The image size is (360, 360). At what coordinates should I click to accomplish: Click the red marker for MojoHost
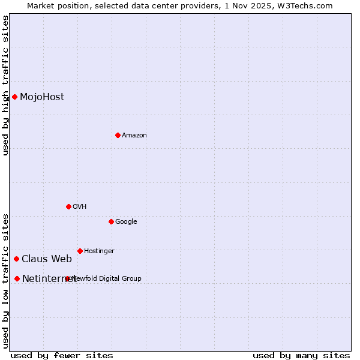tap(14, 97)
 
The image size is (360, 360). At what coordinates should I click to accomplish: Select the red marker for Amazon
tap(118, 135)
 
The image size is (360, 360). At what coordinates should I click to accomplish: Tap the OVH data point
tap(68, 206)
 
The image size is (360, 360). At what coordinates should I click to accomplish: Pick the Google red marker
tap(111, 221)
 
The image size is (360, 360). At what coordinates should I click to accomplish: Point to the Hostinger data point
tap(80, 251)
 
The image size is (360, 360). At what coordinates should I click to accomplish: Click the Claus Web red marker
tap(16, 259)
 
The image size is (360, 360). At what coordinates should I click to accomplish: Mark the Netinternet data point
tap(17, 278)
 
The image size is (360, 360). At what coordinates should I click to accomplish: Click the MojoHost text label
tap(42, 97)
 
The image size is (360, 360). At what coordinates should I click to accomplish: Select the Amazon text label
tap(134, 136)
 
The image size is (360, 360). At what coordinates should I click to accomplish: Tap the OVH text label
tap(80, 207)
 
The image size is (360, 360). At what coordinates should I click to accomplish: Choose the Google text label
tap(126, 222)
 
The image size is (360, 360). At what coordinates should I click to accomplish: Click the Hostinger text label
tap(99, 251)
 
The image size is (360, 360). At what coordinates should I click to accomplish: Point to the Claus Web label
tap(47, 259)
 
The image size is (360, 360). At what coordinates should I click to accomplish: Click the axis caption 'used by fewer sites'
tap(62, 356)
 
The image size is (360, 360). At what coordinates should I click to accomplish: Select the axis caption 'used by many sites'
tap(301, 356)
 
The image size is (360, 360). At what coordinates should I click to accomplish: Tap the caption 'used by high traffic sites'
tap(5, 85)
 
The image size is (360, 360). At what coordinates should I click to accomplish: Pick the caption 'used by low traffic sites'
tap(5, 280)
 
